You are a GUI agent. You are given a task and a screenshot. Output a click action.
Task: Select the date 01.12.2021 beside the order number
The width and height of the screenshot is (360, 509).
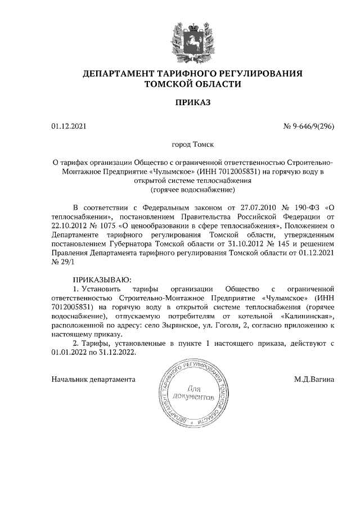coord(67,127)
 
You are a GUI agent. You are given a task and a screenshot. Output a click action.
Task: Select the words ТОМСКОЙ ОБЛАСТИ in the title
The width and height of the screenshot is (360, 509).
coord(193,84)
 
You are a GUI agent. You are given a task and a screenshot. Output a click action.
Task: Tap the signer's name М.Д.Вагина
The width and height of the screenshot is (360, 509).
coord(314,380)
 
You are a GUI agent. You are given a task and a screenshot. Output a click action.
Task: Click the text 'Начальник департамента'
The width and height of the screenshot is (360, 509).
coord(93,380)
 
